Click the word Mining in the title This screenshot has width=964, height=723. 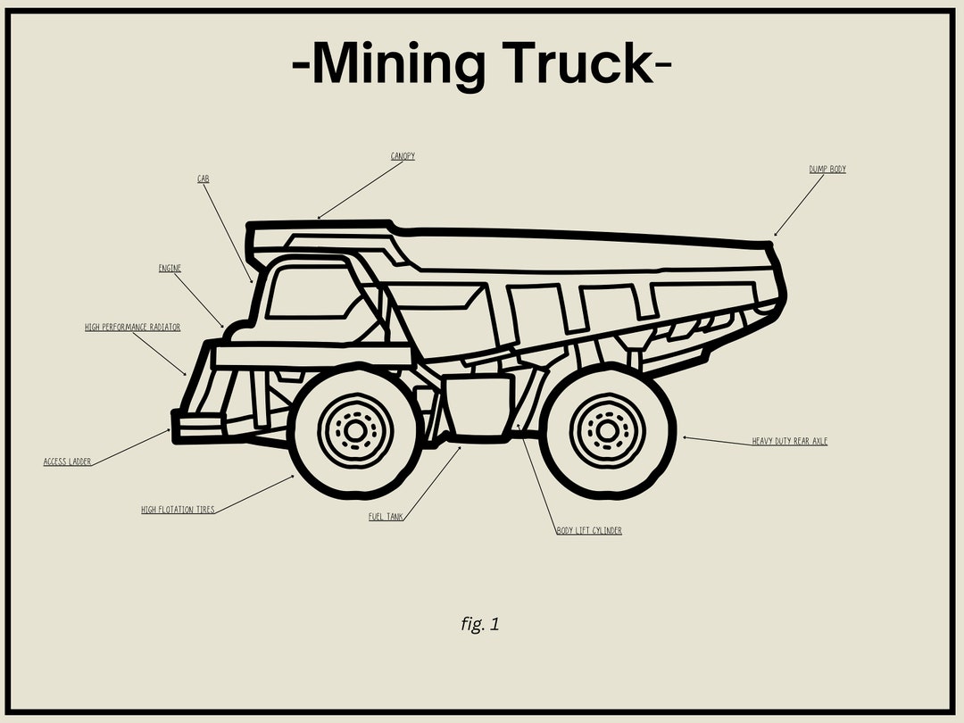(400, 64)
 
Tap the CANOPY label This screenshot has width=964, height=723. (403, 156)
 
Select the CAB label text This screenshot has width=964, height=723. (204, 179)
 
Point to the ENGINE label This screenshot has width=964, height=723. (170, 269)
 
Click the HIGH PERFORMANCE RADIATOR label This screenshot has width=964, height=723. (133, 328)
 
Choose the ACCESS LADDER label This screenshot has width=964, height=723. (67, 462)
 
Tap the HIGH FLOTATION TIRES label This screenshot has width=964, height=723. (178, 511)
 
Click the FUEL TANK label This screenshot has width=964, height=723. (386, 517)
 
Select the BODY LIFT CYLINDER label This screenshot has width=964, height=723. (589, 531)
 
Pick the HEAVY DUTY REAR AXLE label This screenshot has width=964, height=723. (789, 441)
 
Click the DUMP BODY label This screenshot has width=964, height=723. (827, 170)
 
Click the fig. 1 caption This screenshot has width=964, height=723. (480, 625)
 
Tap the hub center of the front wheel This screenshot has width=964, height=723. (355, 431)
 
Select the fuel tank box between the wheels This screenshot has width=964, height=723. (479, 406)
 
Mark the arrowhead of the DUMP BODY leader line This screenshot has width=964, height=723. (776, 235)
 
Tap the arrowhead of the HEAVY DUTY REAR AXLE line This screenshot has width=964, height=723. (685, 437)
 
